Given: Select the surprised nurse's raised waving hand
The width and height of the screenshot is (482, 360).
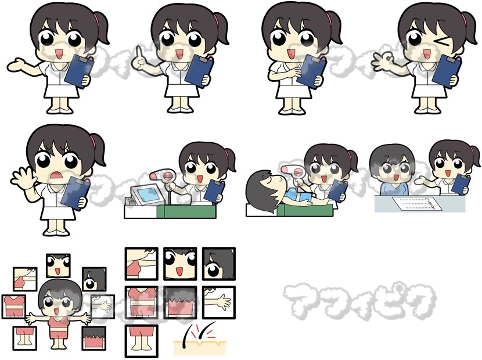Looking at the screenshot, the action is [x=22, y=177].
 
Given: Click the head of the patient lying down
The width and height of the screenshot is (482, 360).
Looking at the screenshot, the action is [x=263, y=190].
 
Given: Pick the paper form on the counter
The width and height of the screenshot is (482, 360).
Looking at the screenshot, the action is [x=417, y=203].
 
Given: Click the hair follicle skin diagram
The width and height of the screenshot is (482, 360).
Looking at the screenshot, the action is [x=200, y=340].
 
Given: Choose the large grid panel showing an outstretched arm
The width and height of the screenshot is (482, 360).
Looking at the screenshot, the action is [x=218, y=302].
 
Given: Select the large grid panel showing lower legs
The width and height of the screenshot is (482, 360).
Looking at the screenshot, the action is [x=141, y=341].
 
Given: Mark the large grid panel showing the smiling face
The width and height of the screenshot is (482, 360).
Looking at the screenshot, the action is [x=180, y=264].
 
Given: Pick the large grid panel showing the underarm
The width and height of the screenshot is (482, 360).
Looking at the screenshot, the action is [x=141, y=264].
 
